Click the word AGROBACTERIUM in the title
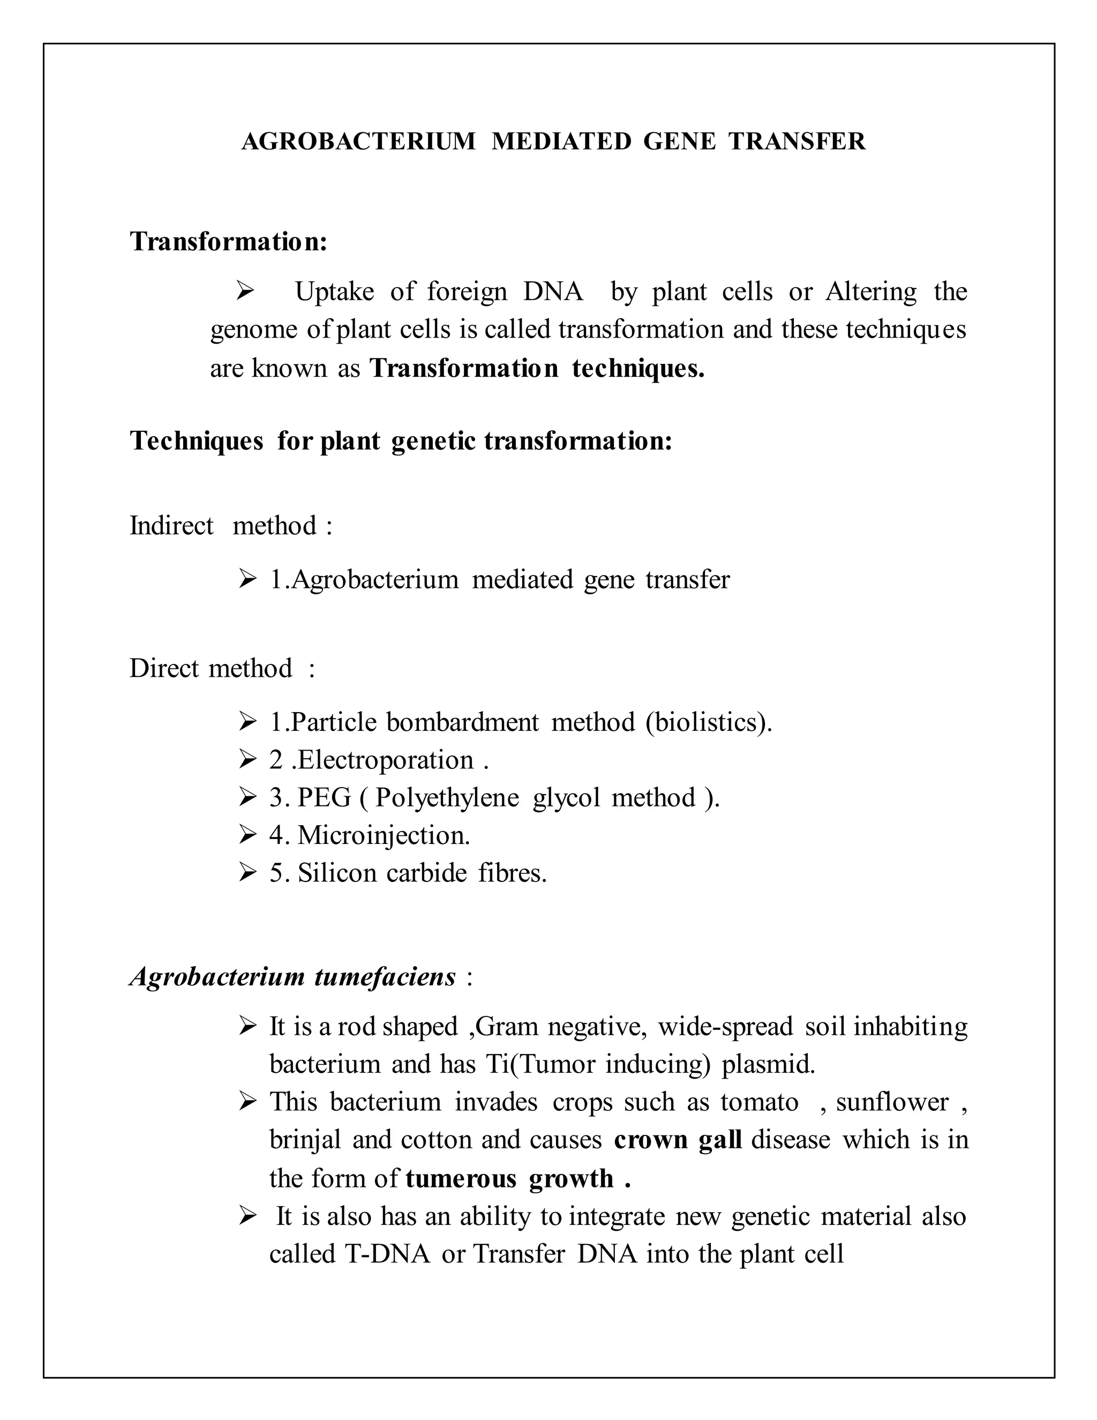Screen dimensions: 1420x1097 [358, 141]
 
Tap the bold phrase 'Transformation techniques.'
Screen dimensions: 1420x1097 [537, 368]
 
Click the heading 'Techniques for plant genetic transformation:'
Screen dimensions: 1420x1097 [401, 441]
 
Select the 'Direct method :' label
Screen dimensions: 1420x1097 [222, 668]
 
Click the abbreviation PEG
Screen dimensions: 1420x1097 [324, 798]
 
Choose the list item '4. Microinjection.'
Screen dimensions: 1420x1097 [369, 835]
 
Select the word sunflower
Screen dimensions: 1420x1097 [892, 1102]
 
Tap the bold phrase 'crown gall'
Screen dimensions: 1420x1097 [677, 1140]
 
